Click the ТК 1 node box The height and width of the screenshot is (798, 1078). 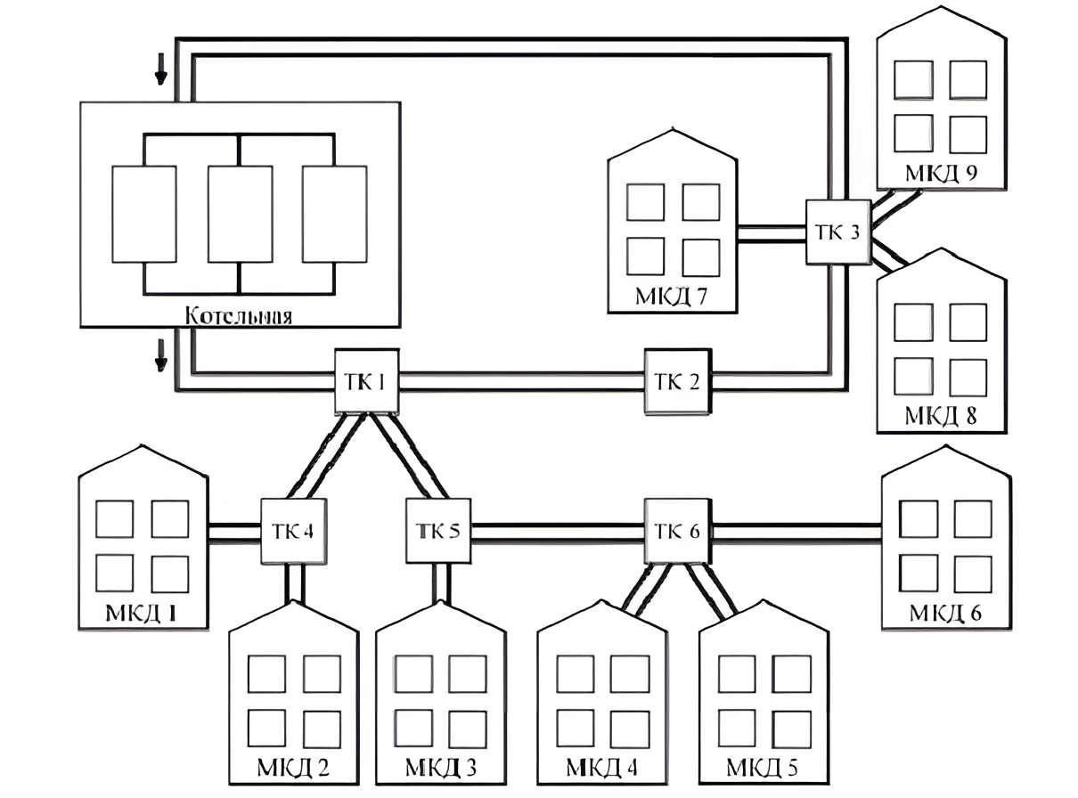tap(366, 381)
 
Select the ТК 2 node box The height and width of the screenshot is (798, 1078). tap(678, 381)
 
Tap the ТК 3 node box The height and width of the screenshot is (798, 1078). tap(838, 232)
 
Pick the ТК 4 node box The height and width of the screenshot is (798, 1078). tap(293, 531)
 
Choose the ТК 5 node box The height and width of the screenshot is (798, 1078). tap(438, 531)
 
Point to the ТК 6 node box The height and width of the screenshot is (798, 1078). tap(678, 531)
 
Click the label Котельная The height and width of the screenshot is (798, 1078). tap(239, 316)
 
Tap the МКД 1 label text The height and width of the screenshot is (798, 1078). tap(141, 614)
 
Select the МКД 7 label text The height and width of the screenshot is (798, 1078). tap(672, 297)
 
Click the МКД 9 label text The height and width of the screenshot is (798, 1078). tap(942, 173)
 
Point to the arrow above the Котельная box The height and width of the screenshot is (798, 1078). tap(161, 71)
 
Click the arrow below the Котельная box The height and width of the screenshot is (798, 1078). tap(161, 355)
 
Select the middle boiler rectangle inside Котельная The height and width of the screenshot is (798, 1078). tap(240, 215)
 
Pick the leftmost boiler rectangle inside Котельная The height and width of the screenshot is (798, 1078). tap(144, 215)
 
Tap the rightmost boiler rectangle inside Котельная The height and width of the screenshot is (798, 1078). tap(335, 215)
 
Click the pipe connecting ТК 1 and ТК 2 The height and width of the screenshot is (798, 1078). tap(522, 381)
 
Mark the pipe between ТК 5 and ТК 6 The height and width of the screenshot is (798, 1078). tap(558, 532)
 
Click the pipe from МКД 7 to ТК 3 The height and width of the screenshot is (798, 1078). tap(772, 234)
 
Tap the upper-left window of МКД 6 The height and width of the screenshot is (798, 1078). tap(919, 519)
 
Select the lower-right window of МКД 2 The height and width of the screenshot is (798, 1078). tap(323, 729)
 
